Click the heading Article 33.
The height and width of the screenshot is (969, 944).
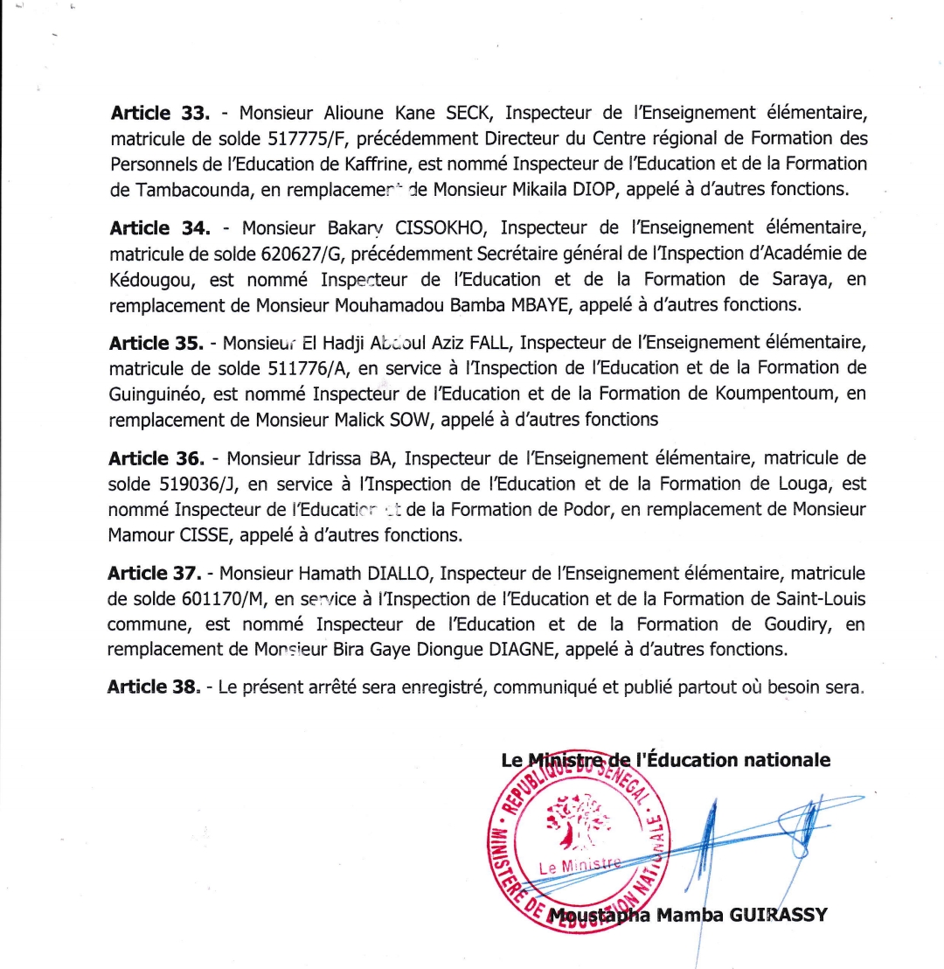(x=160, y=113)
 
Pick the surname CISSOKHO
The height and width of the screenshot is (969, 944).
(x=425, y=229)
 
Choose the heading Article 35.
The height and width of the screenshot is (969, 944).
(x=158, y=345)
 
